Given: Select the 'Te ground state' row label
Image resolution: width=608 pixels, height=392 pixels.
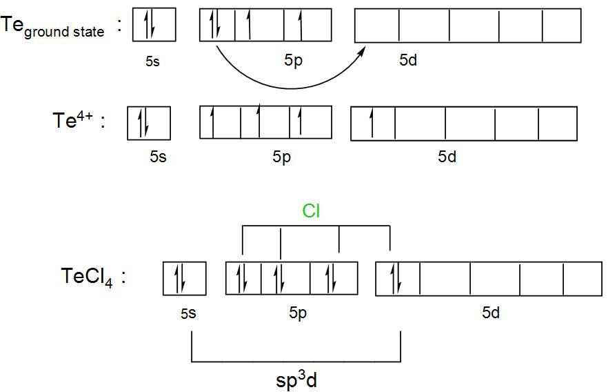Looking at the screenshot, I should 54,27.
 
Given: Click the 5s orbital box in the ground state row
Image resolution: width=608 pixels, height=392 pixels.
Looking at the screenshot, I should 154,25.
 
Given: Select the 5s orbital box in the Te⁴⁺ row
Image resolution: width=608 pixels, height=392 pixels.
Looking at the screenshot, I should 148,124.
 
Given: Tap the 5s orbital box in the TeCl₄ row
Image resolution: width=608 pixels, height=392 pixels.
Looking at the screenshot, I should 185,279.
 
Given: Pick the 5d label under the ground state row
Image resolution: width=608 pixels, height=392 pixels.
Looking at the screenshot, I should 408,61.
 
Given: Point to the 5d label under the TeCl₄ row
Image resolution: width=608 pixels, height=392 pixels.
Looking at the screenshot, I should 491,313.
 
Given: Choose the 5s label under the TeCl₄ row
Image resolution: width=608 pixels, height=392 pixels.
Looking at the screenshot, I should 188,313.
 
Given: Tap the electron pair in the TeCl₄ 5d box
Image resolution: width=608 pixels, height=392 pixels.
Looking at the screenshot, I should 396,279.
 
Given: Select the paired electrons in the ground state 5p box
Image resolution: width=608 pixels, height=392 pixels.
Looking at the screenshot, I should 216,25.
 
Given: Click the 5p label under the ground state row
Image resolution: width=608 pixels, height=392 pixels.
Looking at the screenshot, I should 292,61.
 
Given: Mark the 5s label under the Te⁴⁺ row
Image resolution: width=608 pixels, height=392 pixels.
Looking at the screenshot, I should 158,157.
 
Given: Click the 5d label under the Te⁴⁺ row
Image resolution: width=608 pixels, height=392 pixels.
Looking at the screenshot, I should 447,157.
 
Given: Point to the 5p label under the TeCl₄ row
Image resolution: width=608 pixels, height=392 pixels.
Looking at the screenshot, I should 298,313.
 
